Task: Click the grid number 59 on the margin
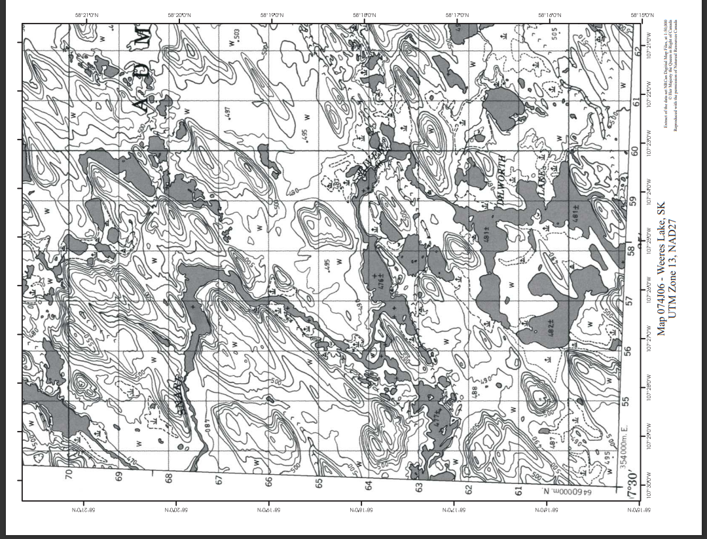click(x=632, y=200)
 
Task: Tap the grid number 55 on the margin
click(x=632, y=401)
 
